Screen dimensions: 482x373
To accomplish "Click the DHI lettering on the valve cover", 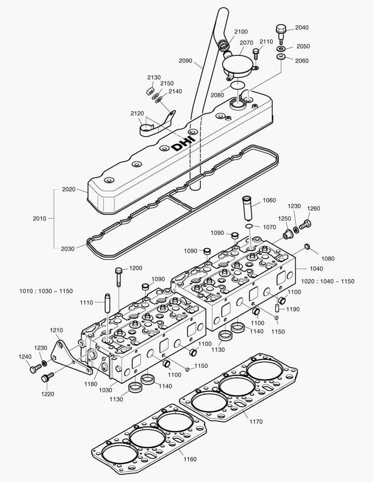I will pos(183,142).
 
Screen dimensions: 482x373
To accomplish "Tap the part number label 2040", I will pos(302,27).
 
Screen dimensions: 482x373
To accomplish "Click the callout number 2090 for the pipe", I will pos(185,61).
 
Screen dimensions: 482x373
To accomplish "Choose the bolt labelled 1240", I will pos(36,369).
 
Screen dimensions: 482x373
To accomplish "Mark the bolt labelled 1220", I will pos(47,378).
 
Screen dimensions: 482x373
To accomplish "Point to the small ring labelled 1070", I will pos(249,227).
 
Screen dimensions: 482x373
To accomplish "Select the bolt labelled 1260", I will pos(306,224).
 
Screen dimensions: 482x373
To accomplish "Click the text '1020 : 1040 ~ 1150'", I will pos(327,282).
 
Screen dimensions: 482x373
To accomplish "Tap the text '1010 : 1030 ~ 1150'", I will pos(46,291).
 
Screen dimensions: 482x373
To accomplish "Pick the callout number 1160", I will pos(190,459).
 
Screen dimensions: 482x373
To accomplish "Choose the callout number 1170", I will pos(256,421).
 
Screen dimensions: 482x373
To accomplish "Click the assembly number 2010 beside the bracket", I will pos(39,219).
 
